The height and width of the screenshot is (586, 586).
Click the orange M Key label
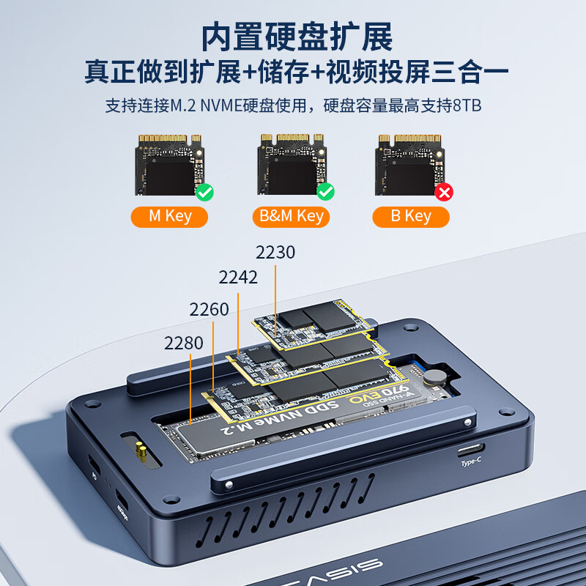click(x=169, y=216)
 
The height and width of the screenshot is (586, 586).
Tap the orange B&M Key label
click(x=291, y=216)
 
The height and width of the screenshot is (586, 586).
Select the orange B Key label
click(x=410, y=216)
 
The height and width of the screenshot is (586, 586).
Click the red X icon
click(x=444, y=193)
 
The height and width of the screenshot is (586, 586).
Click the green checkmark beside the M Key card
click(x=204, y=193)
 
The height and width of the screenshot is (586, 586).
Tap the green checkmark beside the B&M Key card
click(x=325, y=193)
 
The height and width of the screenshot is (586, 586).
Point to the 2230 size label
click(x=275, y=253)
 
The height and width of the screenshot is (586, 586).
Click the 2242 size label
click(x=238, y=278)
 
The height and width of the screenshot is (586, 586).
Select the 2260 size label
click(x=209, y=309)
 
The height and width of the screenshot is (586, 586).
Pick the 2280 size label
click(x=184, y=343)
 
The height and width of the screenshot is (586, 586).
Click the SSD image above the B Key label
click(x=409, y=165)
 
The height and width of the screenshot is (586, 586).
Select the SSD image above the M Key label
click(x=169, y=165)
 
